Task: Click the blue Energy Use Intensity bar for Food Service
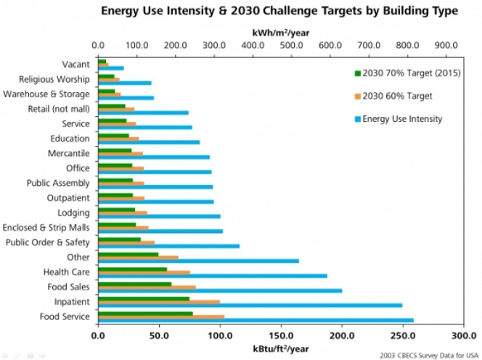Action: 254,320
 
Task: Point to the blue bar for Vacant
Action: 110,68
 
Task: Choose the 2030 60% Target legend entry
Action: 392,96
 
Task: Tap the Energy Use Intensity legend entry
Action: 397,119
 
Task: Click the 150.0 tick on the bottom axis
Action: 280,336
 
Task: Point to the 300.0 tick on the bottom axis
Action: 462,336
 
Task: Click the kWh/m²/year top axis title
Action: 279,33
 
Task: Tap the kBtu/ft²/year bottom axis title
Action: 280,349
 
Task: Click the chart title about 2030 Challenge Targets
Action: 279,11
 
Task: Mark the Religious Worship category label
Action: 54,79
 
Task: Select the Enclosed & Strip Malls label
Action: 47,227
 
